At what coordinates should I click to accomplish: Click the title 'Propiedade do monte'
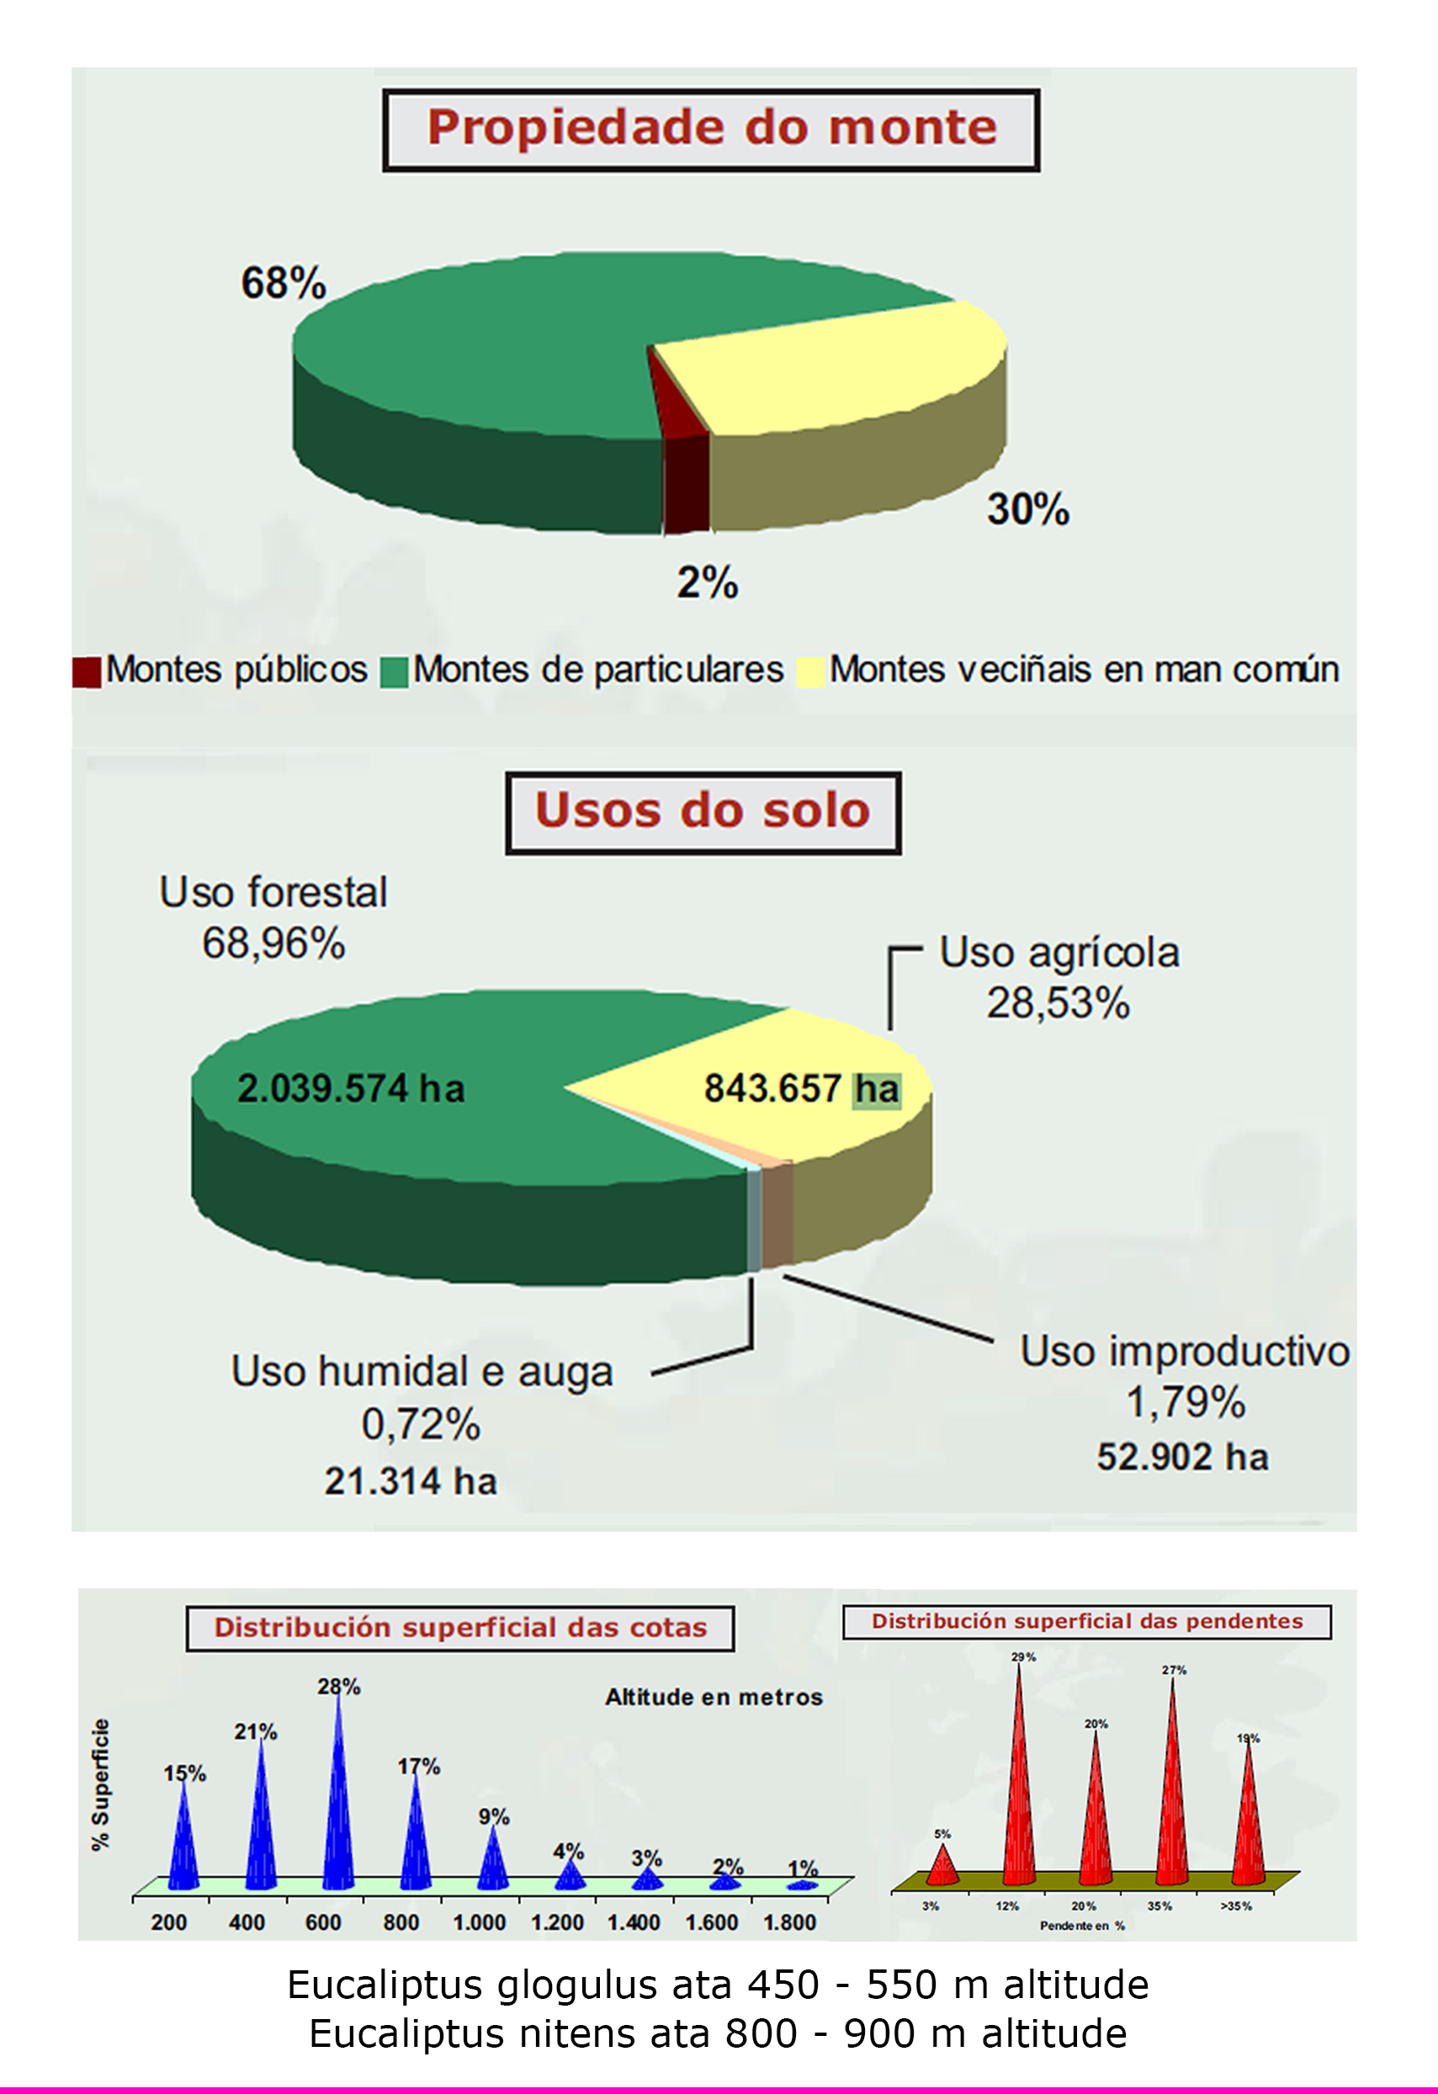711,128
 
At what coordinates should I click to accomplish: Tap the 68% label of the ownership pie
283,283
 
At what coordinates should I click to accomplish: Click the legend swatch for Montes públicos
88,672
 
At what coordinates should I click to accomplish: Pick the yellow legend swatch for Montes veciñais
811,672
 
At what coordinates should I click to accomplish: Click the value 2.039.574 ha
351,1088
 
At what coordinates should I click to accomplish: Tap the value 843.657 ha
801,1088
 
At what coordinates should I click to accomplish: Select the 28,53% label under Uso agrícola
1058,1003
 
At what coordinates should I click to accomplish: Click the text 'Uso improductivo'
1184,1352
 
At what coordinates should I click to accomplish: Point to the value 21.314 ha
411,1481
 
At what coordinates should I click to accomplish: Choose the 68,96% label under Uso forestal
273,943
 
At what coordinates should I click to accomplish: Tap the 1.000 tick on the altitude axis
479,1923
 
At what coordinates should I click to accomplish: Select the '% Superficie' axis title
100,1784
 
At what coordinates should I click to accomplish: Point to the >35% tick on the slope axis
1235,1906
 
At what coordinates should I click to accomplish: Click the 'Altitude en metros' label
714,1698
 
